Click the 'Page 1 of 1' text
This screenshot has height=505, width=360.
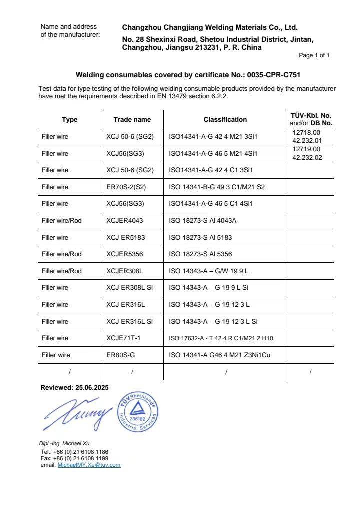[x=314, y=55]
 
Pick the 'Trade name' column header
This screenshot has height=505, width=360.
[x=132, y=120]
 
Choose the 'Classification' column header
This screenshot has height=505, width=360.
[x=225, y=120]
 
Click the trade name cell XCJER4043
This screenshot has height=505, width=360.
[x=125, y=220]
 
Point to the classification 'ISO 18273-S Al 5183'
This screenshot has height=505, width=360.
[x=201, y=237]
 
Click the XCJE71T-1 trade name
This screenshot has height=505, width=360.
[x=124, y=338]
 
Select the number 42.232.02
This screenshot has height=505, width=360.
[x=307, y=157]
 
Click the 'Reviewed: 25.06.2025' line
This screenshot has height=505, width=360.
[x=74, y=388]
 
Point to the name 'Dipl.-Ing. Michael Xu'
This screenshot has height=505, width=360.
[x=64, y=443]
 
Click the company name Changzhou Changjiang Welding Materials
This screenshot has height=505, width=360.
[x=210, y=28]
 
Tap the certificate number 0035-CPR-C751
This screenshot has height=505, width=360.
[x=273, y=75]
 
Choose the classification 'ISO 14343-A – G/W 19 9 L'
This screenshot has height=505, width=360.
[x=209, y=271]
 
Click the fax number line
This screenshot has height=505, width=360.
[x=74, y=458]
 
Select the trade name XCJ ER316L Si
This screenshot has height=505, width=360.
[x=130, y=321]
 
